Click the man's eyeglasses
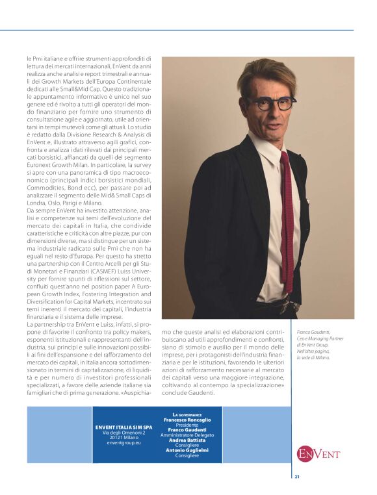(x=271, y=103)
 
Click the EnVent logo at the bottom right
(x=318, y=453)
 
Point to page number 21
(x=297, y=477)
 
